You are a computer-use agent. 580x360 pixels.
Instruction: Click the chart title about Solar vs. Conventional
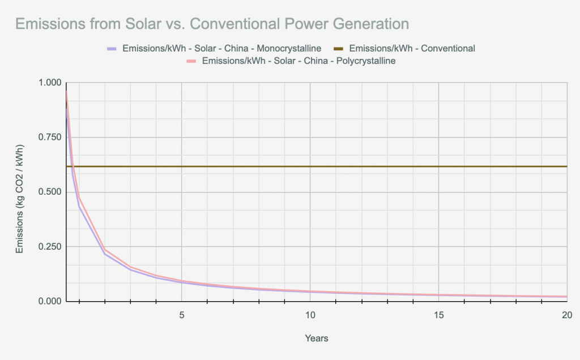(212, 24)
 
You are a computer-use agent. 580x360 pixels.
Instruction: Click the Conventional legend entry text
(412, 48)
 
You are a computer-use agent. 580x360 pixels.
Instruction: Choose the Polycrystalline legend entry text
(298, 61)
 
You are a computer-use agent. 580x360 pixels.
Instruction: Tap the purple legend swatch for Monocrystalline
(112, 48)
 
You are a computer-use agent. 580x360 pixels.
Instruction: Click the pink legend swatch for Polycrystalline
(192, 61)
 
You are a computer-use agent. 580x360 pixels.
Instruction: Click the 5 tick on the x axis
(182, 315)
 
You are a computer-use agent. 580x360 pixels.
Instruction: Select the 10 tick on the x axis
(310, 315)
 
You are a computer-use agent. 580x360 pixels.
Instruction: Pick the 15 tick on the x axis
(439, 315)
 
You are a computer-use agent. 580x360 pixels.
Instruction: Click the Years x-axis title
(316, 338)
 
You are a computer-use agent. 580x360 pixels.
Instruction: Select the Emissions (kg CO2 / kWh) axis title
(19, 192)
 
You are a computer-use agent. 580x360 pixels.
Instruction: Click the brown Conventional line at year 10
(310, 166)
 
